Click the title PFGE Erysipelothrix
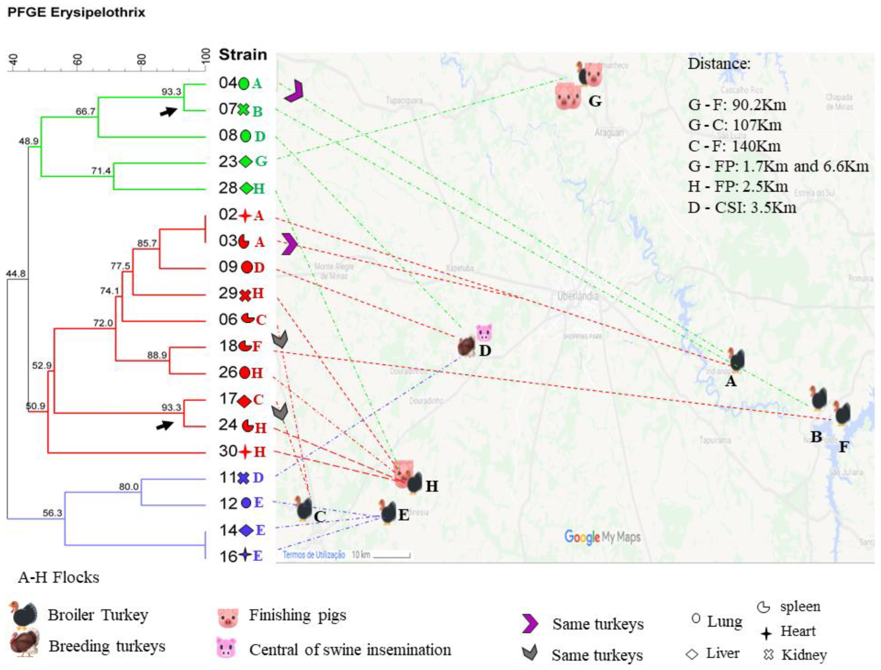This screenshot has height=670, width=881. [x=76, y=12]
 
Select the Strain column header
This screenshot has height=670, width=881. [x=243, y=55]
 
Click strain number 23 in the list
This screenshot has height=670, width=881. [x=228, y=162]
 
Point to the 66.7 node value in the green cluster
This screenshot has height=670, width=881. [x=86, y=111]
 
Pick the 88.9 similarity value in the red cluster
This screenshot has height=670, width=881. [x=157, y=355]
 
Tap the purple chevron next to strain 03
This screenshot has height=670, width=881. [x=289, y=244]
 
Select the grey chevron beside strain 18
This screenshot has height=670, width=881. [x=280, y=340]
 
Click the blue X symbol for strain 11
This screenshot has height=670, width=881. [x=243, y=478]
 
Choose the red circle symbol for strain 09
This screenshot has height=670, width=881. [x=247, y=267]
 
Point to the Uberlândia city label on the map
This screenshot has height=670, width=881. [x=578, y=296]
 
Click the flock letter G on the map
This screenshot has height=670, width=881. [x=595, y=101]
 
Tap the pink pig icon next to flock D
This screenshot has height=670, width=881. [x=484, y=332]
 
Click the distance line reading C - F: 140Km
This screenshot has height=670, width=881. [x=734, y=146]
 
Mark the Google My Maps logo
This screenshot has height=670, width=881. [x=602, y=537]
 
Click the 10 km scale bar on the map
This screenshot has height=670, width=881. [x=391, y=555]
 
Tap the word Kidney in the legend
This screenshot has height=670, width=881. [x=803, y=654]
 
